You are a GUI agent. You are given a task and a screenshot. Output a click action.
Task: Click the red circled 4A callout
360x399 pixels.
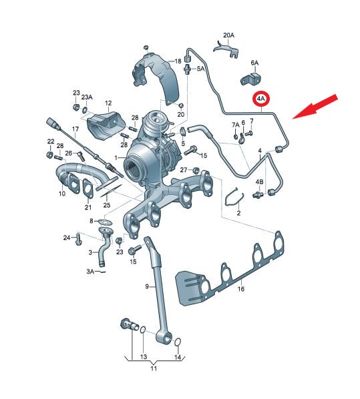click(260, 99)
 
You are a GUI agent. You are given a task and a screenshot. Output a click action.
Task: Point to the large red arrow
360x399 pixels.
click(315, 107)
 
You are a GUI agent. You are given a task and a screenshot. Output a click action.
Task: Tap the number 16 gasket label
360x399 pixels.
click(240, 289)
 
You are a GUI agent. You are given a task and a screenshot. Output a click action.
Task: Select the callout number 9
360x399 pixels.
click(147, 286)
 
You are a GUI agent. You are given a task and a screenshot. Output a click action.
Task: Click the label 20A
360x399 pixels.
click(228, 35)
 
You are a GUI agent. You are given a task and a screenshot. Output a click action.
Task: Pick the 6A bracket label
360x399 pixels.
click(254, 63)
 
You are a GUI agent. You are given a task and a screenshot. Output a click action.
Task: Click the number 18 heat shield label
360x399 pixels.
click(178, 61)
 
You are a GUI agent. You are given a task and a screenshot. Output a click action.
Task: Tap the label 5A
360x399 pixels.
click(201, 69)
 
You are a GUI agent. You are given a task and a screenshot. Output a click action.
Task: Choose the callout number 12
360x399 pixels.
click(108, 103)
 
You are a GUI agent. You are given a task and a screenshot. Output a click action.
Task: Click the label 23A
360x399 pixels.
click(87, 97)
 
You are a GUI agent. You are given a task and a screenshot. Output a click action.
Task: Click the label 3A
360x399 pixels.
click(90, 272)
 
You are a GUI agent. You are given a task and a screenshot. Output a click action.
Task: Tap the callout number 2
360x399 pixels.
click(238, 213)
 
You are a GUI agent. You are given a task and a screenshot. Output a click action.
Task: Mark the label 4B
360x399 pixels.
click(259, 181)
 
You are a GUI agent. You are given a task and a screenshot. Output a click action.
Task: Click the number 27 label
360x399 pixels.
click(184, 169)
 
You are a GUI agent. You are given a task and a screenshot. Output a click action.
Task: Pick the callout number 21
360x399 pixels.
click(88, 208)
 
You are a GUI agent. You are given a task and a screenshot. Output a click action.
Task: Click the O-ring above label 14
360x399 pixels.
click(178, 342)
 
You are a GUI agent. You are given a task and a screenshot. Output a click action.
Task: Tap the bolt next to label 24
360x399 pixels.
click(78, 239)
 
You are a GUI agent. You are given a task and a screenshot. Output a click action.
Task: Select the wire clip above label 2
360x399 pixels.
click(235, 196)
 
